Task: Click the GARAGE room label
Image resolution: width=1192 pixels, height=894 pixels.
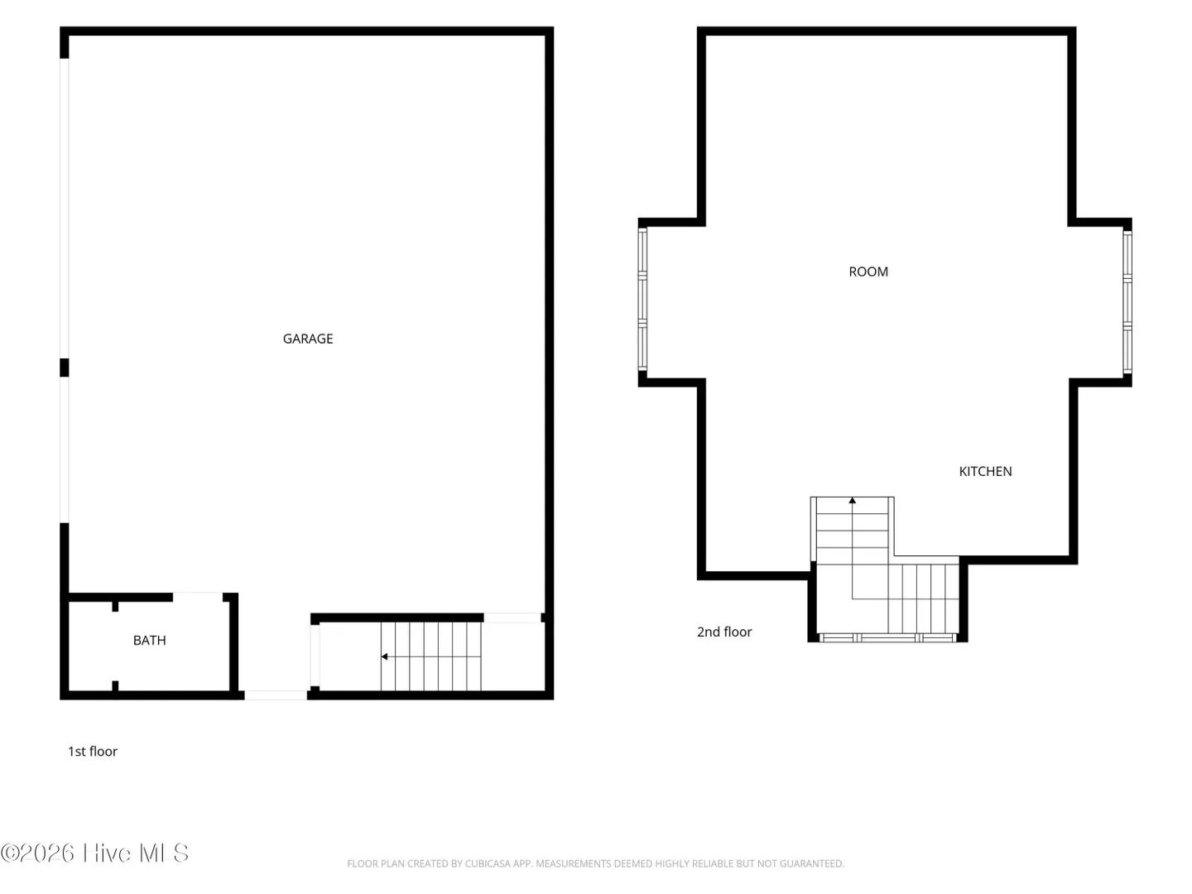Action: [307, 339]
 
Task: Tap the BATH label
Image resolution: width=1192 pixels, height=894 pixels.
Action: [149, 641]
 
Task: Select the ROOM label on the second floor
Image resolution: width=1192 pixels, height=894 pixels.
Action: [868, 272]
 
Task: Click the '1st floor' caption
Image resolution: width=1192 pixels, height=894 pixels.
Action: [93, 752]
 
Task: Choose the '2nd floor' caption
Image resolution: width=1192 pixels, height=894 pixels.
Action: [723, 632]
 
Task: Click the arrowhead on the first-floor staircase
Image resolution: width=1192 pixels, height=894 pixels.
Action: [384, 656]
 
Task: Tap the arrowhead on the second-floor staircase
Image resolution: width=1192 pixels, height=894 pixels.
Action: [852, 501]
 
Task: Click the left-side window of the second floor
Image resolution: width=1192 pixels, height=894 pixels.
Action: [642, 299]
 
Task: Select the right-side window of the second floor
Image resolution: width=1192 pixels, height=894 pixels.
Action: [1127, 302]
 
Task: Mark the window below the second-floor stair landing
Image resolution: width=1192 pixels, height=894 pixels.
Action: [887, 637]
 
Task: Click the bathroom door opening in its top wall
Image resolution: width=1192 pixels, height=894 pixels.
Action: [198, 597]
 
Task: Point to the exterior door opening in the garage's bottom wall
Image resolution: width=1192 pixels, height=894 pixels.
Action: [276, 695]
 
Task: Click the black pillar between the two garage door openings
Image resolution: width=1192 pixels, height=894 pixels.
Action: [64, 368]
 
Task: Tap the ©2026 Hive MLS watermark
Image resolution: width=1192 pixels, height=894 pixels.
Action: [94, 853]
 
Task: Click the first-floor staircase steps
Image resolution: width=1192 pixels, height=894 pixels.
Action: [430, 656]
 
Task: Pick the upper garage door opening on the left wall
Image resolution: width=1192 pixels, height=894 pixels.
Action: [64, 209]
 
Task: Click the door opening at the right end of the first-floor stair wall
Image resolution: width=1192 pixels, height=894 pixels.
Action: [512, 618]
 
